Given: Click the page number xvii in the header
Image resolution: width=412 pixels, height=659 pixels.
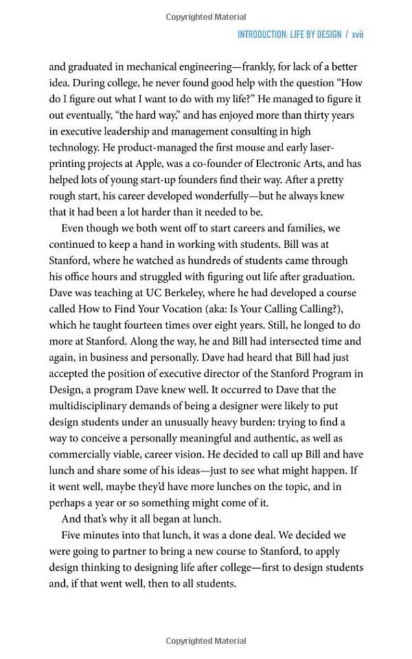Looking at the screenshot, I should pyautogui.click(x=357, y=34).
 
